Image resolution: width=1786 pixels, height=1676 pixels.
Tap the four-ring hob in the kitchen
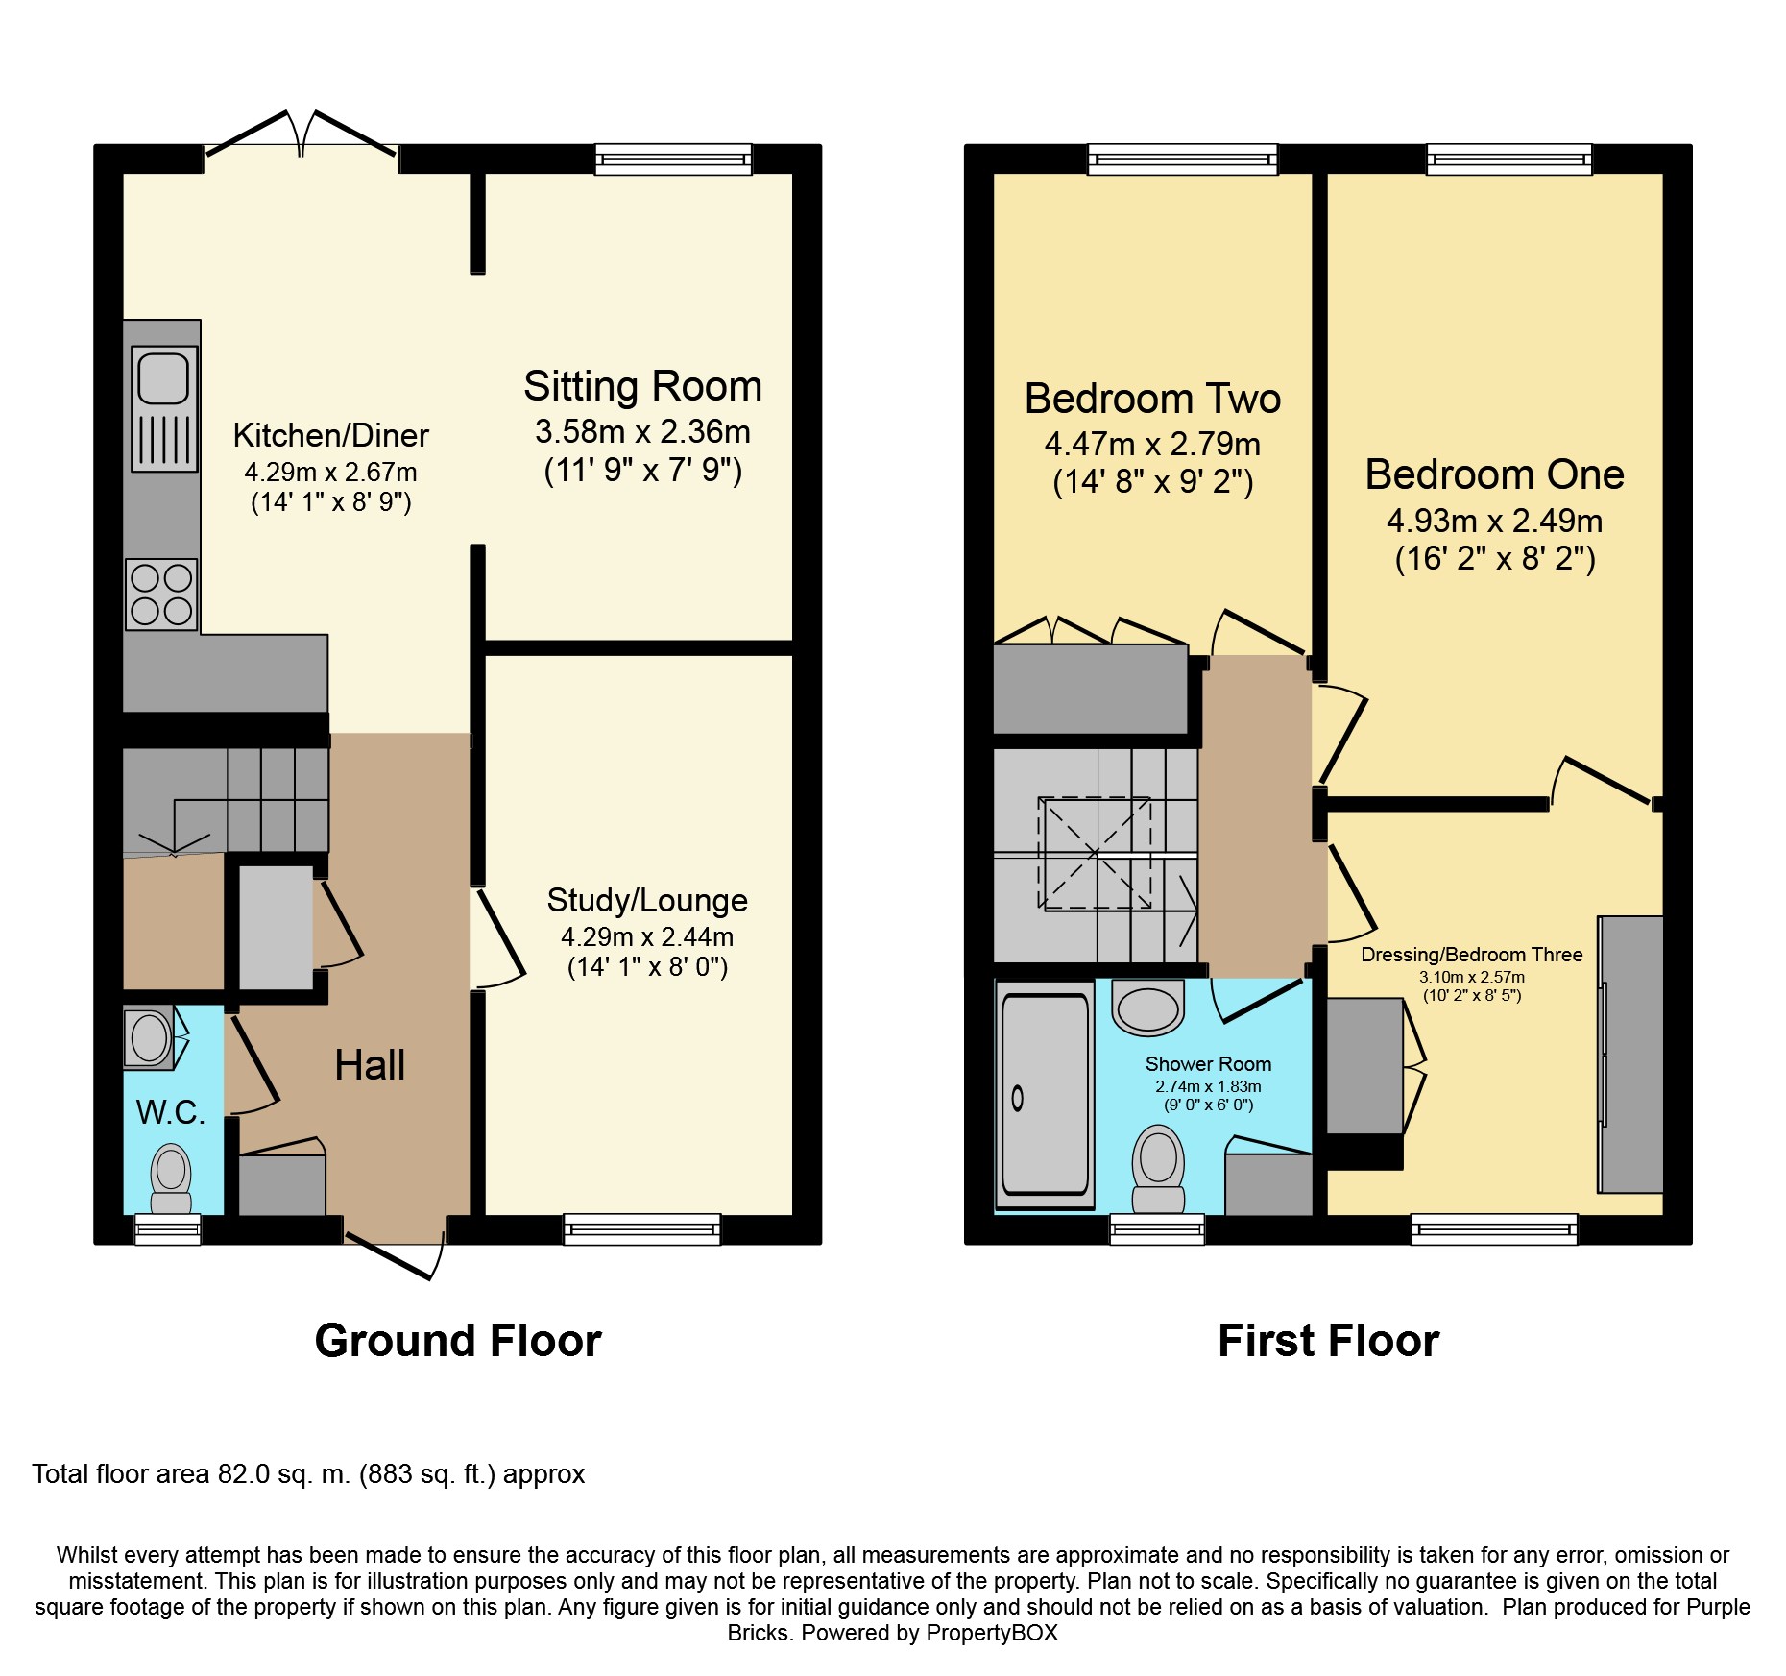click(161, 595)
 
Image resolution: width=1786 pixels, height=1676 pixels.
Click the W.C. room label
click(171, 1112)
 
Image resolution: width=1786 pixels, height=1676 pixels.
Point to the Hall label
click(370, 1065)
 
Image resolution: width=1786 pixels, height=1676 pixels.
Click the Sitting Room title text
click(642, 386)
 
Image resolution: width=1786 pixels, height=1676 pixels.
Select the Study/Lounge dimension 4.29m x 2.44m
click(647, 936)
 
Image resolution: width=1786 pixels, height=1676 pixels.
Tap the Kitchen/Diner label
click(330, 436)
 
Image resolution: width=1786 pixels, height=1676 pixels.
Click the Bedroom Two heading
click(1152, 399)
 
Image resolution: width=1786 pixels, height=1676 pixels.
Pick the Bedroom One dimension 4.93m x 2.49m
click(1494, 521)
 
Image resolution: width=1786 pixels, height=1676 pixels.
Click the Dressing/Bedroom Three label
click(1472, 955)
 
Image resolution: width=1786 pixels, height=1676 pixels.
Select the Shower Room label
click(1208, 1064)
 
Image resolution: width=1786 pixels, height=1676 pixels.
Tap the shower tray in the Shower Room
click(1045, 1094)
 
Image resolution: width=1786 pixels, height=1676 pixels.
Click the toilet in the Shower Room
click(1158, 1170)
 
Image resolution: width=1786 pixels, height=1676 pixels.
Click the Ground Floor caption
click(458, 1340)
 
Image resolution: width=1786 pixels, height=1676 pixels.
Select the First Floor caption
click(1329, 1340)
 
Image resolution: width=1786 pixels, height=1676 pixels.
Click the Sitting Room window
click(673, 158)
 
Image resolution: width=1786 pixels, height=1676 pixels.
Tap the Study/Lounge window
click(641, 1229)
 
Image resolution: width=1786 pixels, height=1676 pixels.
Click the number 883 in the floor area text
click(391, 1474)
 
